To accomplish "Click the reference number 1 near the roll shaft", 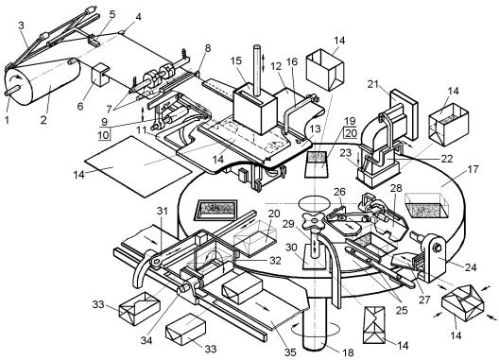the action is pos(7,119).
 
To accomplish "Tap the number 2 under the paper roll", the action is pos(43,120).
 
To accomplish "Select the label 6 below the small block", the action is pos(80,106).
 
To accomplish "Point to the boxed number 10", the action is pos(103,135).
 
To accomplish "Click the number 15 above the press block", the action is pos(236,60).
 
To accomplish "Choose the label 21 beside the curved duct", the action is pos(372,84).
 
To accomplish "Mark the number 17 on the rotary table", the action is pos(473,169).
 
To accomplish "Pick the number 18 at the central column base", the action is pos(348,352).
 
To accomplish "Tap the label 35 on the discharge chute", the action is pos(290,352).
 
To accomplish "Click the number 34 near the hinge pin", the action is pos(146,340).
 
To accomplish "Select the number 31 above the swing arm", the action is pos(162,211).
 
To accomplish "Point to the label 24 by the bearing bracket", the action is pos(471,267).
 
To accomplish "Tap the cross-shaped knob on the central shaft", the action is pos(314,220).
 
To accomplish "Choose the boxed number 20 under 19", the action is pos(351,133).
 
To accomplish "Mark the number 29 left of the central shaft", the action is pos(288,224).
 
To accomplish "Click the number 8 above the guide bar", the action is pos(208,48).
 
